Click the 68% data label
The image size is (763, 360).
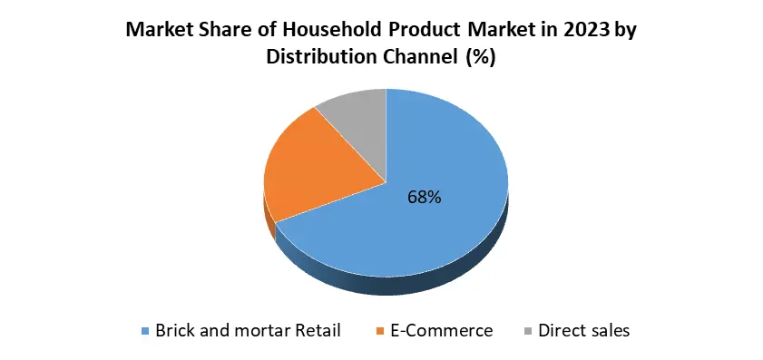425,197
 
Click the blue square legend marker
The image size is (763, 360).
144,331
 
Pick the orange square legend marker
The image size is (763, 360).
379,331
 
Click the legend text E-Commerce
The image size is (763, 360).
442,331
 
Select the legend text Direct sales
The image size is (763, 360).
584,331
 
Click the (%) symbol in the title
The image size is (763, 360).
481,57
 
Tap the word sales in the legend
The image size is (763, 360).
608,331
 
